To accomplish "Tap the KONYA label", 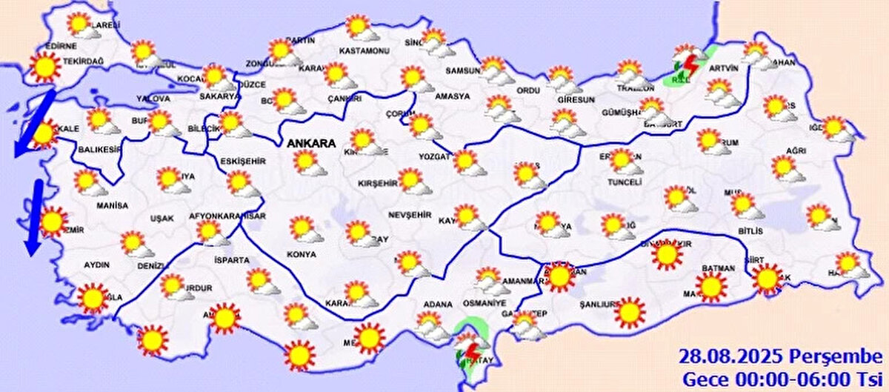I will (x=301, y=253).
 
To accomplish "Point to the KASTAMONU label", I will (x=364, y=50).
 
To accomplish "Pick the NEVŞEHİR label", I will (x=410, y=214).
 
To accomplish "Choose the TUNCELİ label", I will (x=623, y=182).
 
